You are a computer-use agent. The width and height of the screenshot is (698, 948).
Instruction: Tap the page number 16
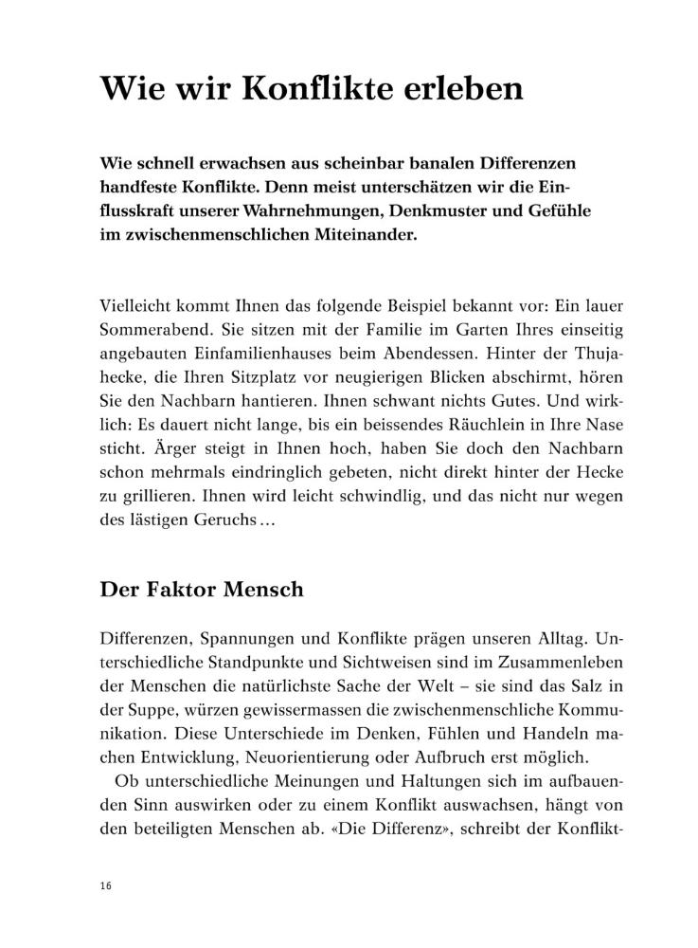click(x=104, y=884)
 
